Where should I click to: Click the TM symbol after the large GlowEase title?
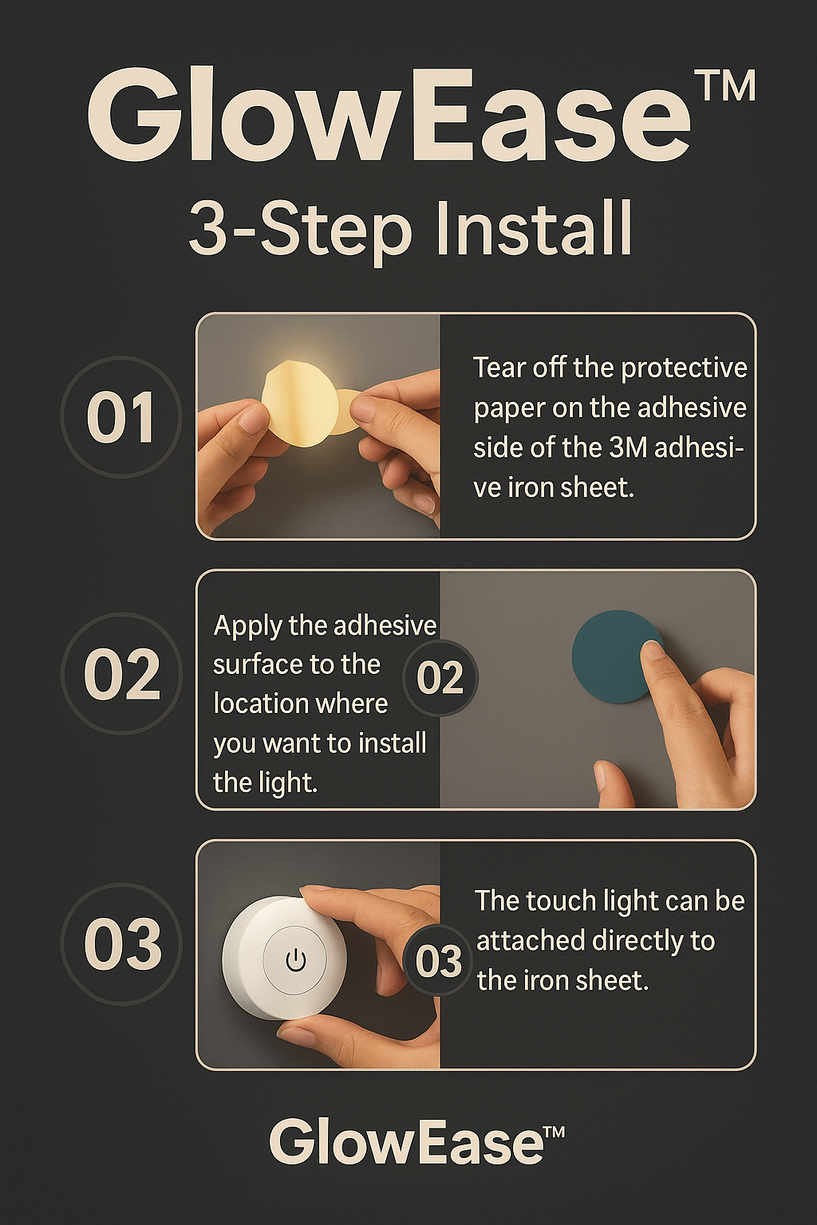click(724, 87)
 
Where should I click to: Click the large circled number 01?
click(120, 418)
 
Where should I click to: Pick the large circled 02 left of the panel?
click(121, 675)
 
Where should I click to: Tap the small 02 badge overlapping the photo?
click(440, 677)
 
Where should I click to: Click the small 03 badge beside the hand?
click(438, 961)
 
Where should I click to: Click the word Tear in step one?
click(499, 368)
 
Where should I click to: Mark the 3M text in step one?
click(628, 447)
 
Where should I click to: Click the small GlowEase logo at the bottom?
click(416, 1142)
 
